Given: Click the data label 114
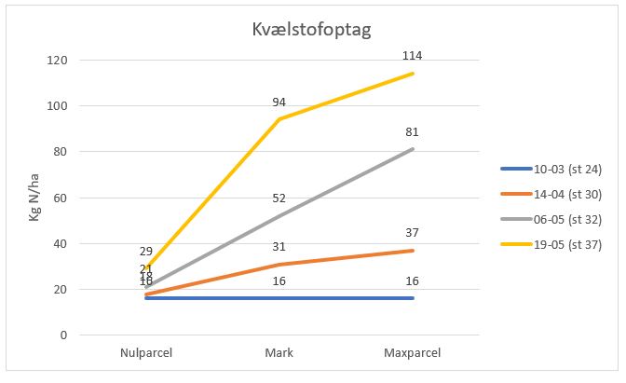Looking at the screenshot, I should click(412, 56).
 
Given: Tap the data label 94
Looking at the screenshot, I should click(279, 102).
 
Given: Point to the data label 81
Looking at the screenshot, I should click(412, 131).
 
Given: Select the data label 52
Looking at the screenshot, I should click(279, 198).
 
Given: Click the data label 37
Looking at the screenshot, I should click(412, 232).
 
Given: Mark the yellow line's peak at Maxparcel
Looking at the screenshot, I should click(412, 74).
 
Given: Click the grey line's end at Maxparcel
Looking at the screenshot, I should click(412, 149).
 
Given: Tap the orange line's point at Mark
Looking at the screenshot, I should click(279, 264).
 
